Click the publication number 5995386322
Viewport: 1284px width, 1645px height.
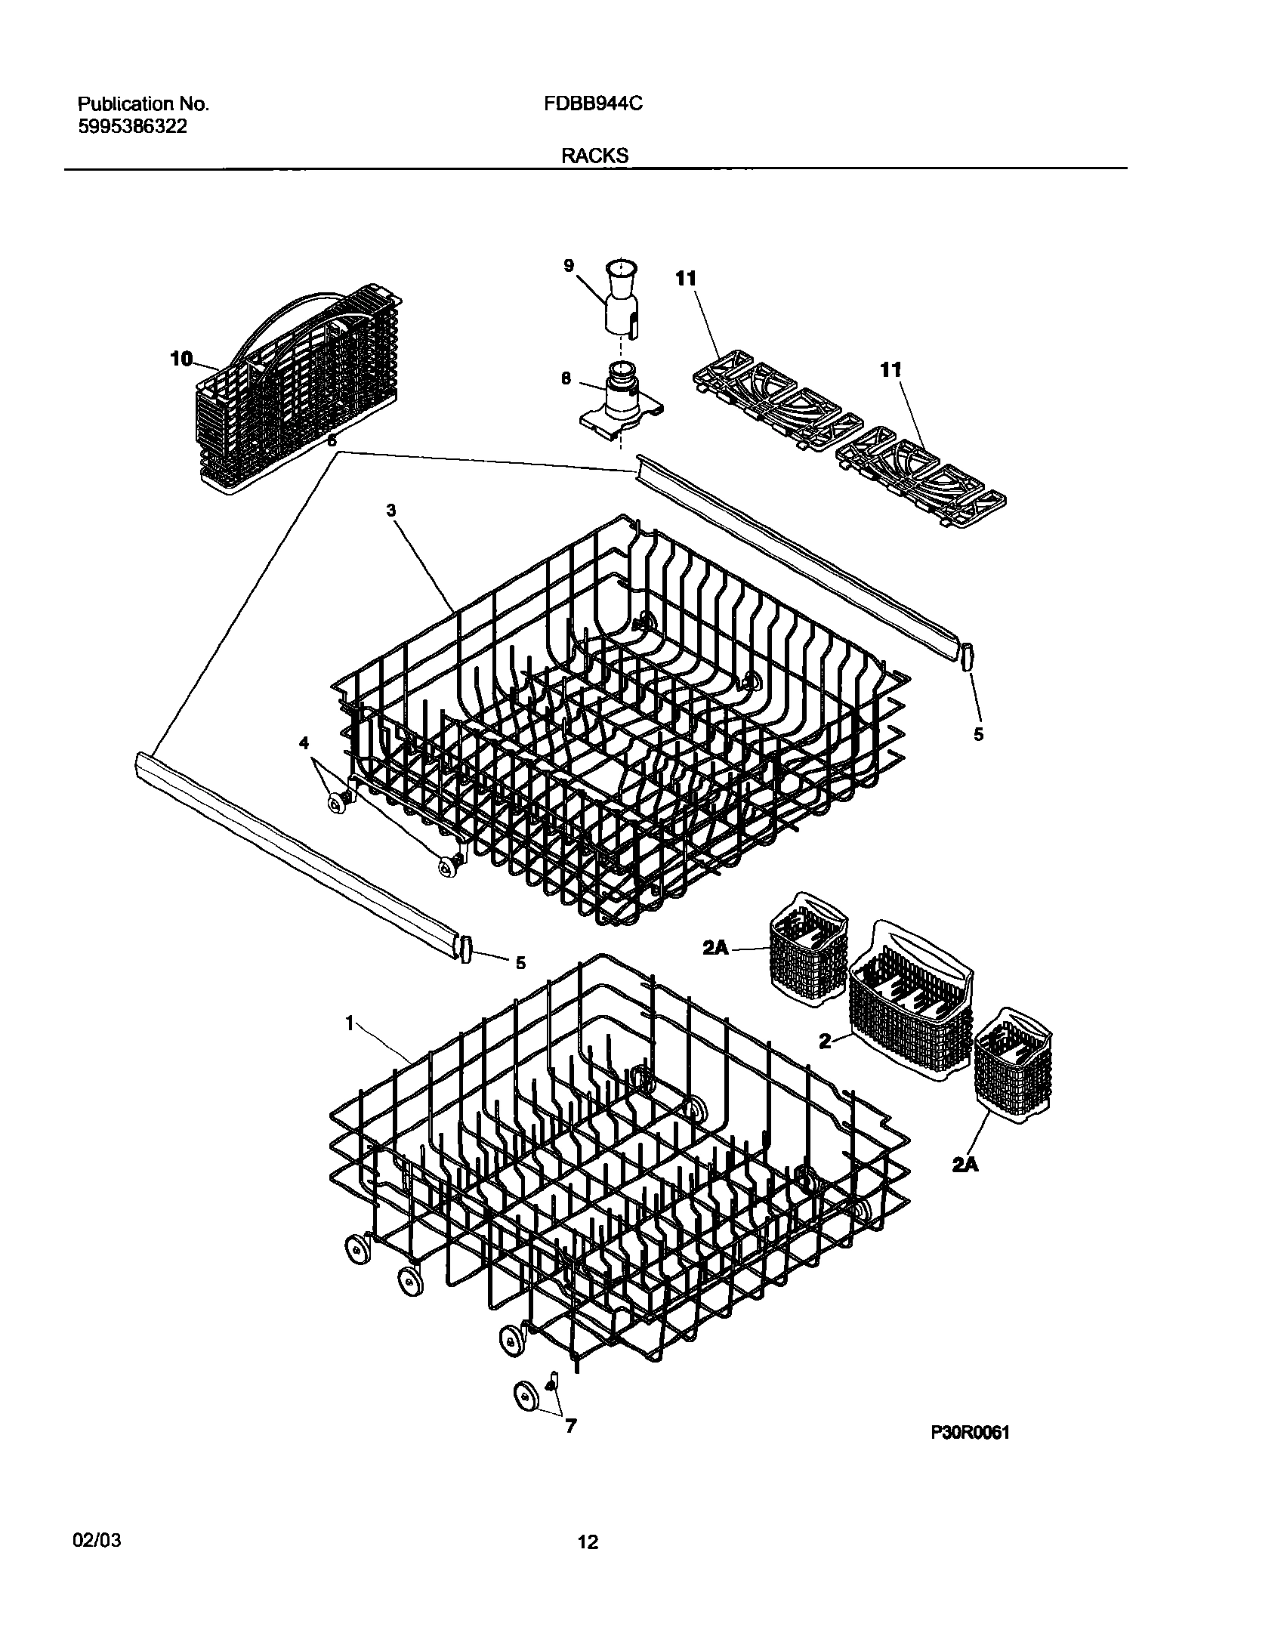pos(132,127)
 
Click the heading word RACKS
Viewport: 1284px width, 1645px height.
pos(594,156)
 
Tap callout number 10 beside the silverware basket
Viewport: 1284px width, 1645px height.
pos(182,359)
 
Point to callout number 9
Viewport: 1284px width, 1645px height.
pos(568,265)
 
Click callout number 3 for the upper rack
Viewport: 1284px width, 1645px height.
pos(391,511)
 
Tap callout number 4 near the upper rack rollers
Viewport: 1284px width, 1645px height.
pos(304,743)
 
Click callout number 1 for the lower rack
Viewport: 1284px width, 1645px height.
pos(350,1023)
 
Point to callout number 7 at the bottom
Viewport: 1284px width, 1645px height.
pos(571,1426)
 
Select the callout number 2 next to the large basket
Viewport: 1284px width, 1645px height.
pos(825,1042)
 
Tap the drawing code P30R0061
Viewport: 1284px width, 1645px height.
pos(970,1434)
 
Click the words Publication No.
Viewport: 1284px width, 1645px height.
pos(144,104)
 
